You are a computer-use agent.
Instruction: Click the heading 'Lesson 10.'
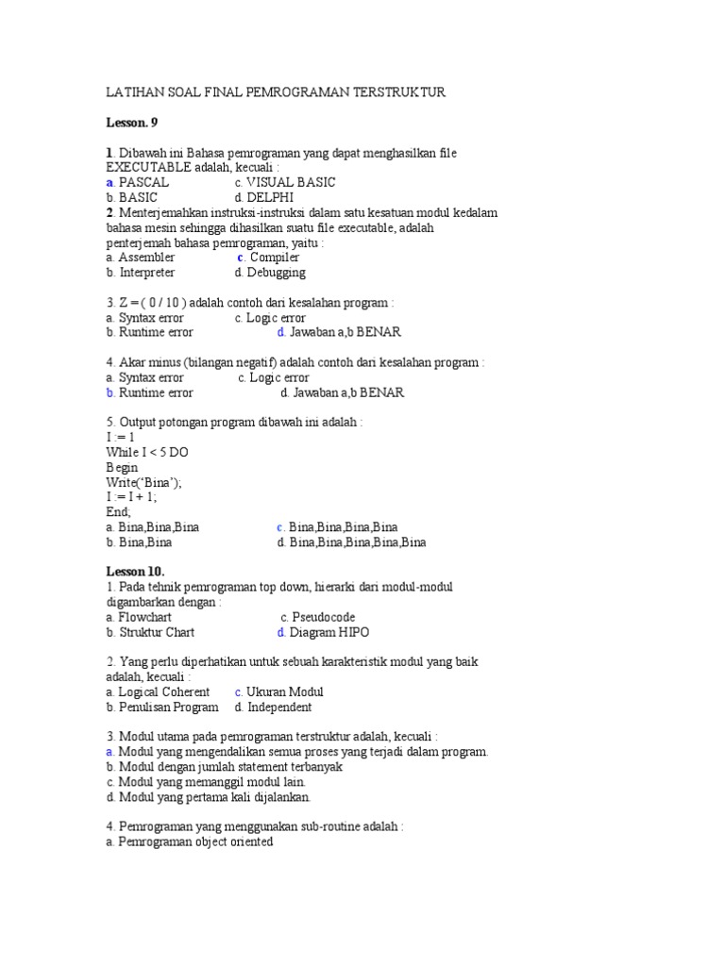click(x=135, y=572)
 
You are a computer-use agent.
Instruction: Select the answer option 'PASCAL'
click(x=144, y=182)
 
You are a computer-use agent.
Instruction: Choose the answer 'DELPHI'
click(x=270, y=197)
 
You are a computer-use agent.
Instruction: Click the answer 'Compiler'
click(x=275, y=257)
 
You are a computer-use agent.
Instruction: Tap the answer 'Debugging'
click(x=276, y=272)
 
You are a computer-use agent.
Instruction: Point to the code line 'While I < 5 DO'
click(x=147, y=452)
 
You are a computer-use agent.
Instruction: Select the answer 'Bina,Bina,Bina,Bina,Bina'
click(x=358, y=542)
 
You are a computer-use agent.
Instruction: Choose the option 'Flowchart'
click(x=145, y=617)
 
